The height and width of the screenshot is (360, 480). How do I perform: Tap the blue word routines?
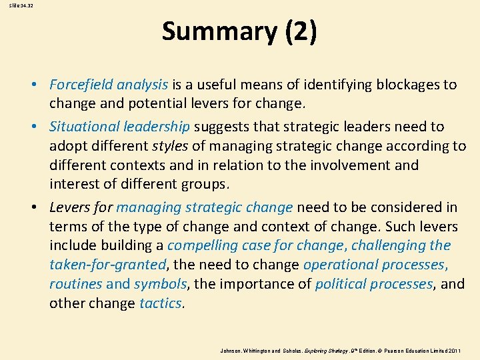pos(75,284)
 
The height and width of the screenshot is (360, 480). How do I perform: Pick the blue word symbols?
pos(161,284)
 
